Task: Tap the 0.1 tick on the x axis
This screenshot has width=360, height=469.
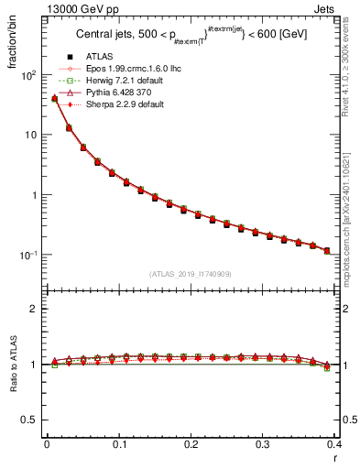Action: click(x=119, y=443)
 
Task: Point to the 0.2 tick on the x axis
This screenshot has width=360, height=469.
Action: click(x=191, y=443)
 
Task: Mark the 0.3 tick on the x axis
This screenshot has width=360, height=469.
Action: click(x=264, y=443)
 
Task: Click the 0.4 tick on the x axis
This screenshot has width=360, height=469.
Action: click(x=335, y=443)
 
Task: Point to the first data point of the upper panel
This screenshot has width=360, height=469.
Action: click(x=54, y=99)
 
